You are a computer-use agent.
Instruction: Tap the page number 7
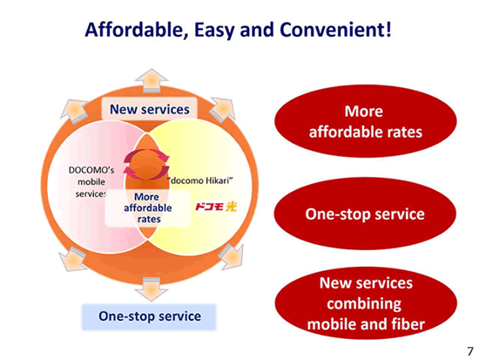coord(469,351)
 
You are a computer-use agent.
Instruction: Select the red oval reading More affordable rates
coord(366,121)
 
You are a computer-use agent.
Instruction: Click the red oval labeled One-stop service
coord(365,214)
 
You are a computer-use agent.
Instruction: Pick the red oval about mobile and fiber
coord(366,303)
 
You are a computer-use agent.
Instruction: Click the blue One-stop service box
coord(149,316)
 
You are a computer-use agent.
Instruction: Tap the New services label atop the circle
coord(150,109)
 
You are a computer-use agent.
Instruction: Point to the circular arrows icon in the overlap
coord(146,164)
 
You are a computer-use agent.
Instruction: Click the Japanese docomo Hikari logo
coord(216,207)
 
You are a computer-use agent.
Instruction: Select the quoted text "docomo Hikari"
coord(200,180)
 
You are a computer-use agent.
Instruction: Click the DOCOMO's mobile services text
coord(91,182)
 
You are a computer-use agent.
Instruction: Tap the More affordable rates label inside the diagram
coord(148,208)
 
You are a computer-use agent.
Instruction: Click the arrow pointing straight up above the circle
coord(152,80)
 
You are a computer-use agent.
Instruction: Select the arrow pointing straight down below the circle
coord(152,289)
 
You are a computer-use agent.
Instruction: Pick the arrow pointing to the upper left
coord(74,111)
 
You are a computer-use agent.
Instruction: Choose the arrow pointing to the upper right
coord(224,109)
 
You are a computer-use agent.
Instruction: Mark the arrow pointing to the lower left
coord(72,259)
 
